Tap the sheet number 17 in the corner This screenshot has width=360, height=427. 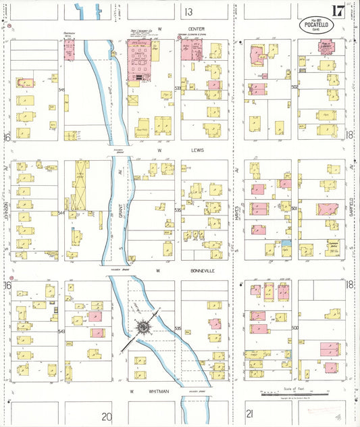[338, 11]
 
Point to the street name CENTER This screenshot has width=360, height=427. [197, 29]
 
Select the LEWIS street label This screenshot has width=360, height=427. [197, 150]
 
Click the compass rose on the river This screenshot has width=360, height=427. [144, 328]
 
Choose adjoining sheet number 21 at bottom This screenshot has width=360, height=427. [250, 413]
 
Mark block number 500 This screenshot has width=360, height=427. [294, 328]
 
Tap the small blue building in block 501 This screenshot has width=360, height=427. [286, 243]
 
